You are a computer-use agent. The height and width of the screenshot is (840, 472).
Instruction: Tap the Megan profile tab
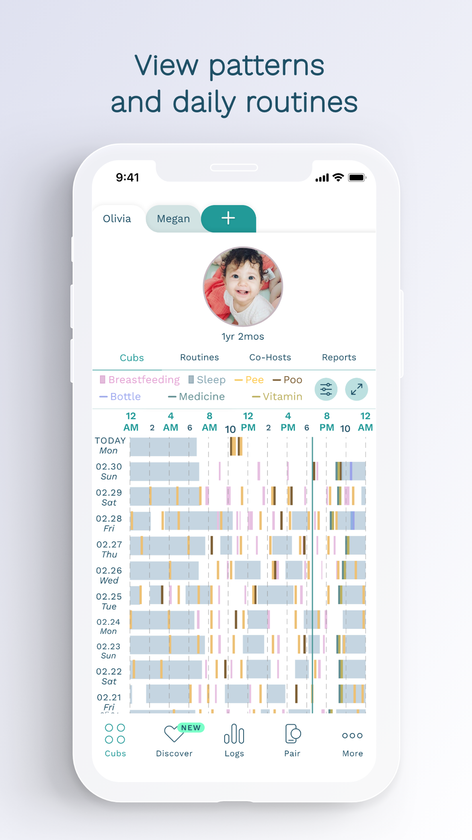pyautogui.click(x=173, y=219)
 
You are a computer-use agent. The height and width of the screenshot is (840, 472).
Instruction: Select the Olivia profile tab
pyautogui.click(x=117, y=219)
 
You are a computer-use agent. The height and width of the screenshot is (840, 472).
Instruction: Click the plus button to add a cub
pyautogui.click(x=228, y=218)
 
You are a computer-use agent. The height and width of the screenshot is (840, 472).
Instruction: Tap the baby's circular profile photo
pyautogui.click(x=243, y=287)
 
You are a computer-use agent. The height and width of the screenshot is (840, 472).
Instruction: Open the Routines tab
pyautogui.click(x=199, y=358)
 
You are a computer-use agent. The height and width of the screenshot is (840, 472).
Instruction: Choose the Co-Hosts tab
pyautogui.click(x=270, y=358)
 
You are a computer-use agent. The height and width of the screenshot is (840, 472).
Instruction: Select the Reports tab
pyautogui.click(x=339, y=358)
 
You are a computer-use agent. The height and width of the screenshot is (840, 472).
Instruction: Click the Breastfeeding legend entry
pyautogui.click(x=140, y=380)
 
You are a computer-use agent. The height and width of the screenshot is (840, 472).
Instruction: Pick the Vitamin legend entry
pyautogui.click(x=277, y=397)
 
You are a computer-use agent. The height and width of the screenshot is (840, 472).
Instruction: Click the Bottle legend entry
pyautogui.click(x=120, y=397)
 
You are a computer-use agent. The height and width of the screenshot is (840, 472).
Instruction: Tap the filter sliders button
pyautogui.click(x=326, y=389)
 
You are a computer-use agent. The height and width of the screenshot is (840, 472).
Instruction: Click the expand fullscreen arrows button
pyautogui.click(x=356, y=389)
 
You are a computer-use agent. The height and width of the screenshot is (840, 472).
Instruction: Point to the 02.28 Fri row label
pyautogui.click(x=109, y=523)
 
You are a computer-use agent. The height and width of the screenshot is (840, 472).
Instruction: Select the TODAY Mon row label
pyautogui.click(x=110, y=446)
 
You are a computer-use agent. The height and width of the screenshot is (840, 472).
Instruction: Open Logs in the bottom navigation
pyautogui.click(x=234, y=740)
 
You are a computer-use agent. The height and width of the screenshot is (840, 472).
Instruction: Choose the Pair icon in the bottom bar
pyautogui.click(x=292, y=740)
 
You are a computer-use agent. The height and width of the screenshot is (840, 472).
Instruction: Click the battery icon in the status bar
pyautogui.click(x=357, y=178)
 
